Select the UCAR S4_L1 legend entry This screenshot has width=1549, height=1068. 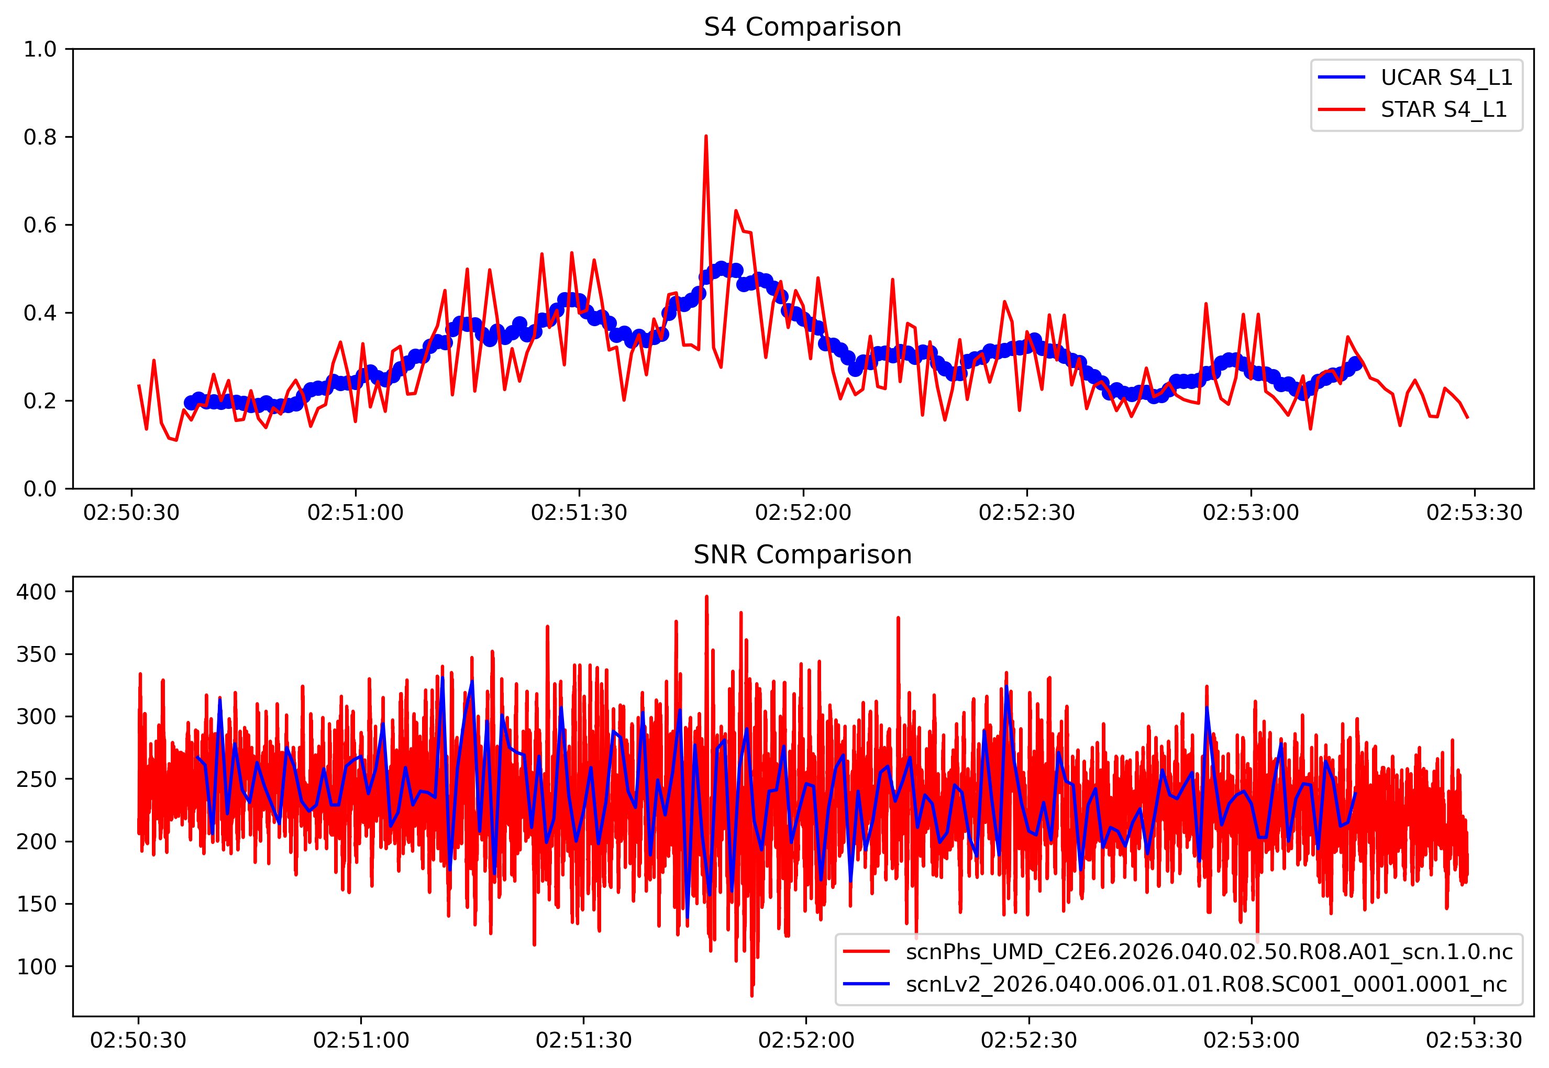(1446, 77)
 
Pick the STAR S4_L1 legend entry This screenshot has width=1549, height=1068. (1443, 109)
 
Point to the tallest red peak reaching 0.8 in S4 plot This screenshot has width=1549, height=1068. (705, 137)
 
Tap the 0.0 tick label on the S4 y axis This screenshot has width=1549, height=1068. (40, 489)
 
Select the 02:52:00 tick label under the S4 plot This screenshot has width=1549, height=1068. (803, 513)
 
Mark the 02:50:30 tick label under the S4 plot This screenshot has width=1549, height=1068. (131, 513)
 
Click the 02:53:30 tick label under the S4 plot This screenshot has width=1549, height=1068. (1474, 513)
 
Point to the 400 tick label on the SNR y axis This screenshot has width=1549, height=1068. (36, 592)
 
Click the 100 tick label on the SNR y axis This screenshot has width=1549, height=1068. (36, 966)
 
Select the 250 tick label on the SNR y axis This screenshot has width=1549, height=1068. (36, 779)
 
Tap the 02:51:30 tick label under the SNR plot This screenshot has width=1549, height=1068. (583, 1041)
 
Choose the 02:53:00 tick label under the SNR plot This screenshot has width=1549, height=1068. (1251, 1041)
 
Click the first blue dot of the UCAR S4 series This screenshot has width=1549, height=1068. (191, 403)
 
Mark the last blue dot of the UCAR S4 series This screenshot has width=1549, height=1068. (1356, 364)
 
